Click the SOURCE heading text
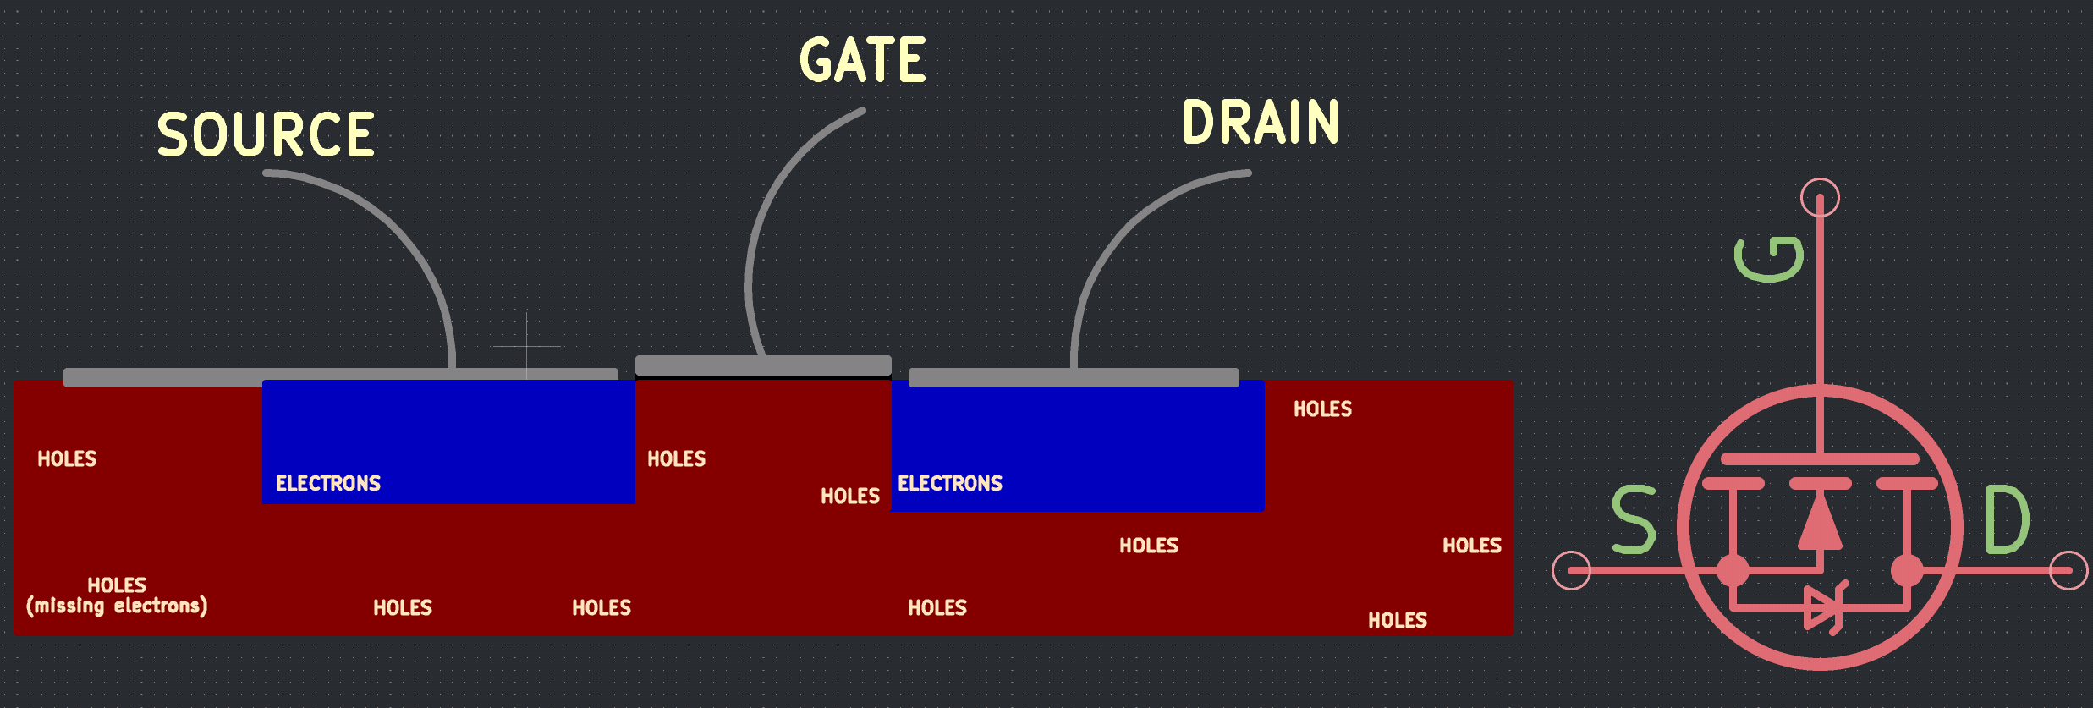click(x=266, y=134)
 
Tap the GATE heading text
click(x=863, y=59)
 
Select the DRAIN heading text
click(x=1261, y=122)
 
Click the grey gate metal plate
click(x=763, y=365)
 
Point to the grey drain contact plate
click(x=1074, y=377)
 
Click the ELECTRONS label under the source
click(x=328, y=483)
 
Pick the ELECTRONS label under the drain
click(x=950, y=483)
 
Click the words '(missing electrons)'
click(x=117, y=606)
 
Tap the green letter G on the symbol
click(x=1769, y=259)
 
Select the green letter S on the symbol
click(x=1634, y=519)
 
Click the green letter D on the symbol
click(x=2007, y=519)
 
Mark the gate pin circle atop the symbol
click(x=1820, y=198)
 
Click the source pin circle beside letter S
click(x=1572, y=570)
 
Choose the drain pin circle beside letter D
click(x=2068, y=570)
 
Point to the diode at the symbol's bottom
click(x=1823, y=607)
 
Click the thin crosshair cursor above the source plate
click(x=526, y=346)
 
